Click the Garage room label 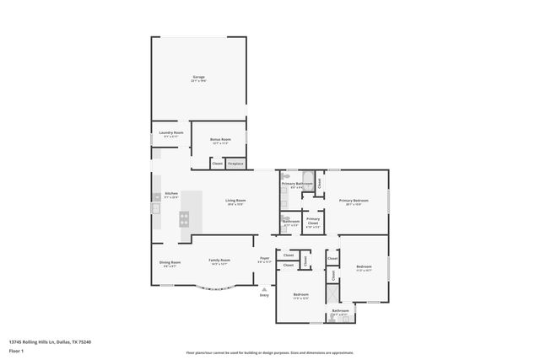click(198, 78)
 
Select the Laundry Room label click(166, 133)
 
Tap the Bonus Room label click(219, 139)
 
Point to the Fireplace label click(235, 164)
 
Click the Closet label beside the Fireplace click(218, 164)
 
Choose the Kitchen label click(171, 193)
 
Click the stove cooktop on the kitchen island click(183, 218)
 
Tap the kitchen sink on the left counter click(155, 207)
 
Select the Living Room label click(235, 201)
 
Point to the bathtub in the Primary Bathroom click(308, 177)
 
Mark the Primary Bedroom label click(354, 201)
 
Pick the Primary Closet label click(312, 220)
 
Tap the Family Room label click(219, 261)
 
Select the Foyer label click(264, 259)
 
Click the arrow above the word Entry click(264, 289)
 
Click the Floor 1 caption click(17, 350)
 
